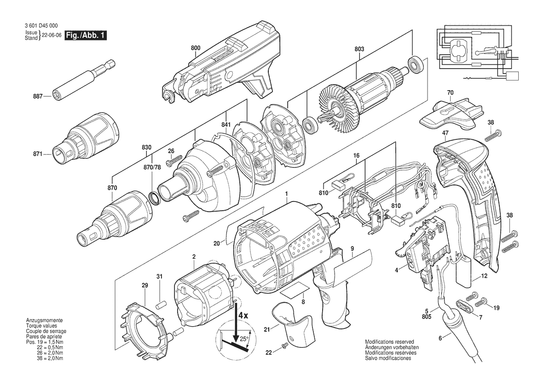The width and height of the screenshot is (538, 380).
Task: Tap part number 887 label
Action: tap(38, 97)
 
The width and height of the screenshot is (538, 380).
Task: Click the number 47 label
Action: tap(445, 133)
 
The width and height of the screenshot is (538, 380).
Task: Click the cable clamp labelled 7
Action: tap(463, 306)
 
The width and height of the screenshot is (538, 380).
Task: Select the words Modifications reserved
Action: tap(389, 342)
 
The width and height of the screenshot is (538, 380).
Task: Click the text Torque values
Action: tap(40, 325)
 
